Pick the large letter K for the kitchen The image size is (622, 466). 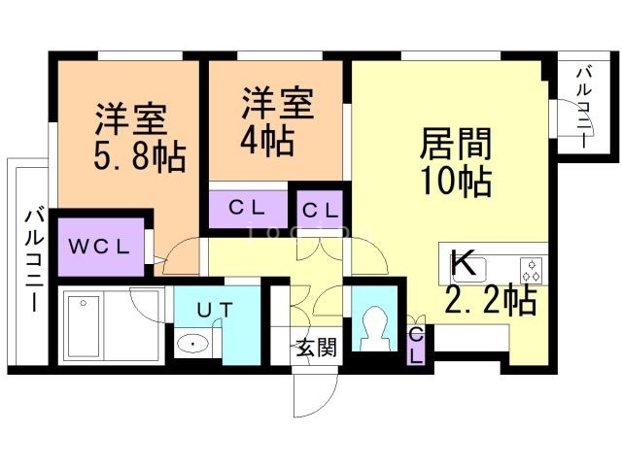464,263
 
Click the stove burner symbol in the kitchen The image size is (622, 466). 533,266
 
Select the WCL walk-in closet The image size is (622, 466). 98,245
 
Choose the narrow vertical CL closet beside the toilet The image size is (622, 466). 416,345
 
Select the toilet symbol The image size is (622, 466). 373,328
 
